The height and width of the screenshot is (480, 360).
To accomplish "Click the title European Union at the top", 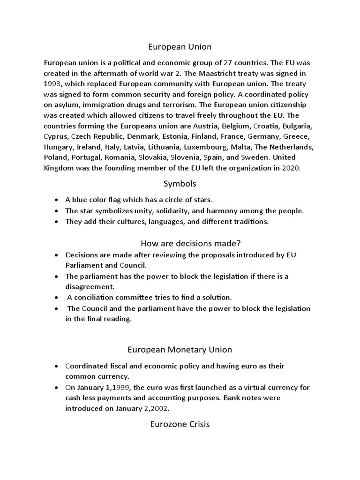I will pyautogui.click(x=180, y=47).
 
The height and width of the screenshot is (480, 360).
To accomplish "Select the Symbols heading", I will pyautogui.click(x=180, y=184).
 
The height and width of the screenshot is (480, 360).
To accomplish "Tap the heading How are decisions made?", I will pyautogui.click(x=190, y=243).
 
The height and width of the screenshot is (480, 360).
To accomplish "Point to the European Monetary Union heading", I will pyautogui.click(x=180, y=350).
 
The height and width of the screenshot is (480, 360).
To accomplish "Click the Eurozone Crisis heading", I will pyautogui.click(x=180, y=425).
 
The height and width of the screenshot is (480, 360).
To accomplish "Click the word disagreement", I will pyautogui.click(x=90, y=287).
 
